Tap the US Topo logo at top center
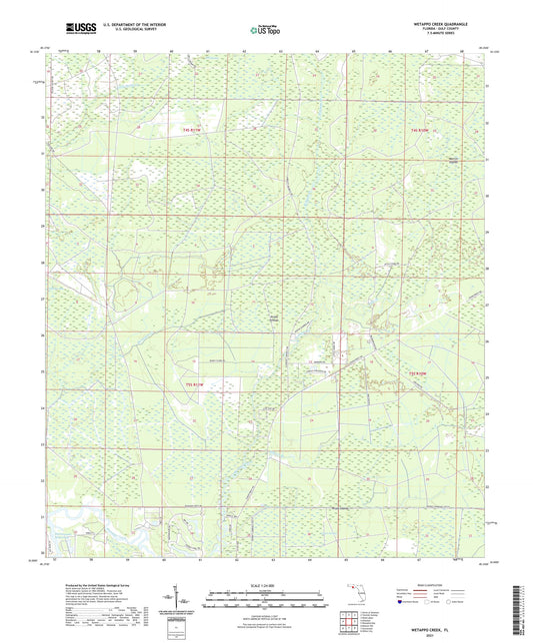[261, 30]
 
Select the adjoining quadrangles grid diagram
[350, 623]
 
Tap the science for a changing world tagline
[68, 38]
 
